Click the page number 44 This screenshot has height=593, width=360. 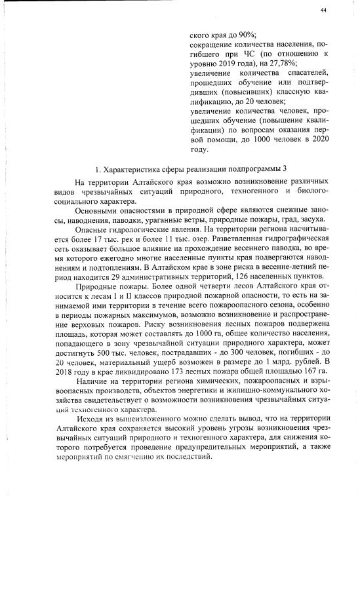pos(324,10)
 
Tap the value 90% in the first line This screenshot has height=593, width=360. pos(247,35)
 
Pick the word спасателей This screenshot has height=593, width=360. pos(305,75)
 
